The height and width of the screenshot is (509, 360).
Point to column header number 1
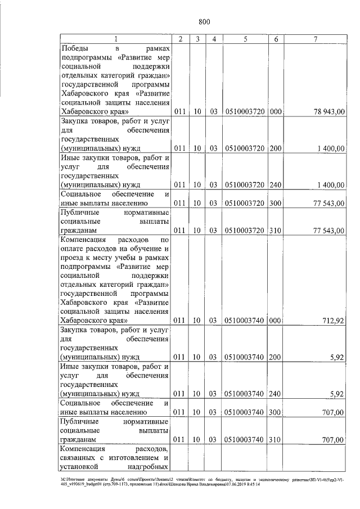click(116, 39)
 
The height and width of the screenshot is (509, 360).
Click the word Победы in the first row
click(76, 49)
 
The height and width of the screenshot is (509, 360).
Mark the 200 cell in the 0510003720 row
click(276, 148)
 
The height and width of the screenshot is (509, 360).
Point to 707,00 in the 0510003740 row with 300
click(333, 412)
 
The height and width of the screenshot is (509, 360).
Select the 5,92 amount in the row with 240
click(337, 393)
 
